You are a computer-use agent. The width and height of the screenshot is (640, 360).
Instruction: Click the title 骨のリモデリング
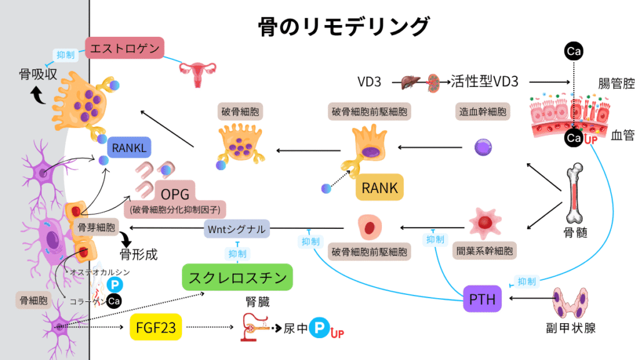(x=344, y=27)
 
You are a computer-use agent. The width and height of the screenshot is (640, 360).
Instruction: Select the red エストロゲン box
(x=124, y=48)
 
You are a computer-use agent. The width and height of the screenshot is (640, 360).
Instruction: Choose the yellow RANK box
(x=379, y=187)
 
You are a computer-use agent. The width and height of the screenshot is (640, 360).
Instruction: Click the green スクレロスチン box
(x=237, y=277)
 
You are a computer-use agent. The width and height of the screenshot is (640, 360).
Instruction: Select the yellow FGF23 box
(x=154, y=327)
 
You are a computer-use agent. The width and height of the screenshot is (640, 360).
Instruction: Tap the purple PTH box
(x=482, y=300)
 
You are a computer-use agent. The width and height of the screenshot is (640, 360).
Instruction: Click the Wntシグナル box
(x=237, y=229)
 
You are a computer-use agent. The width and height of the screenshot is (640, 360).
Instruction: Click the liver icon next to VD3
(x=409, y=81)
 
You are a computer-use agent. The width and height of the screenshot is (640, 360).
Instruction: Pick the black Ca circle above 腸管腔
(x=572, y=51)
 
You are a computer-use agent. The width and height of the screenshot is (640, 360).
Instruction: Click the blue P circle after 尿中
(x=321, y=327)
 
